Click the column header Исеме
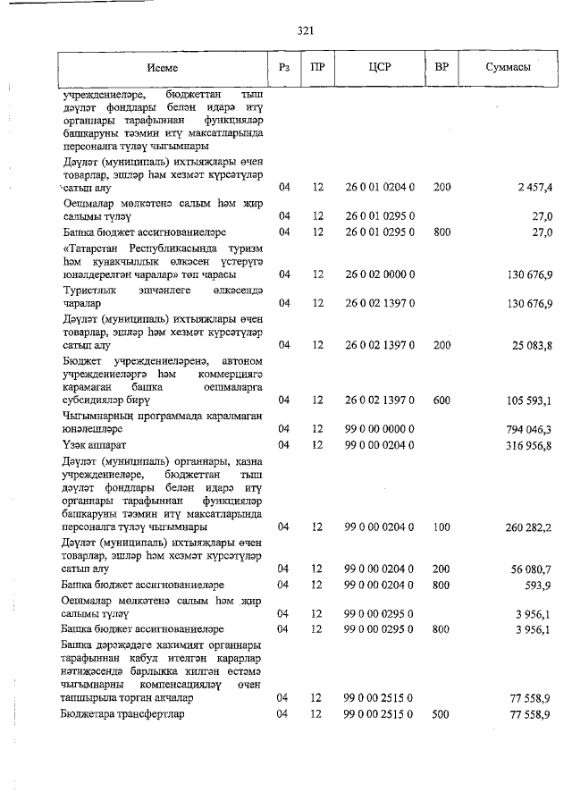coord(163,68)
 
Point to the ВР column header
coord(442,68)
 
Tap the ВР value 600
coord(442,400)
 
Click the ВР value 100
coord(442,527)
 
